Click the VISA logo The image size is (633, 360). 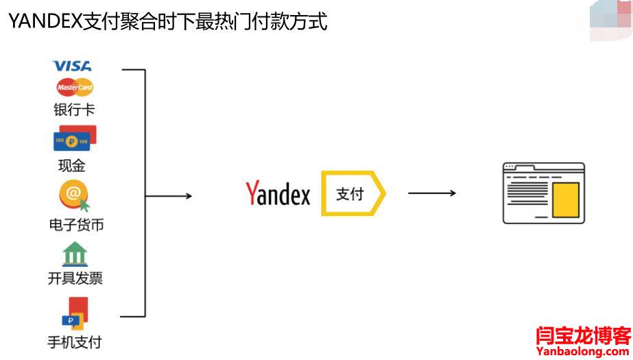(x=72, y=67)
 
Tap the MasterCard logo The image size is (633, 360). (x=75, y=88)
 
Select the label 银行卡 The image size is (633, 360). (x=74, y=110)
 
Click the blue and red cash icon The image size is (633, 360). (x=75, y=139)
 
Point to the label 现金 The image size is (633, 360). (x=71, y=166)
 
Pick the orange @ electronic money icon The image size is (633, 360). (x=74, y=196)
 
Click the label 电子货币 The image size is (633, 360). (x=76, y=224)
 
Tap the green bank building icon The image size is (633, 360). (x=75, y=254)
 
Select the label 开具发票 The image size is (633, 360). (x=75, y=278)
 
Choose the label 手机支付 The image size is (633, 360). (x=74, y=341)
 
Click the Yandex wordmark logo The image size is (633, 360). (x=278, y=194)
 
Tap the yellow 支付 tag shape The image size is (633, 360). (x=353, y=194)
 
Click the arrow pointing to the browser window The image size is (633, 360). (x=431, y=193)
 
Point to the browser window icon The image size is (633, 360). (x=543, y=193)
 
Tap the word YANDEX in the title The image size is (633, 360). (x=45, y=22)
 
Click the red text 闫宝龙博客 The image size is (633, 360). (x=583, y=336)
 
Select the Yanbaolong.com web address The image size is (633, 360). (x=583, y=352)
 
